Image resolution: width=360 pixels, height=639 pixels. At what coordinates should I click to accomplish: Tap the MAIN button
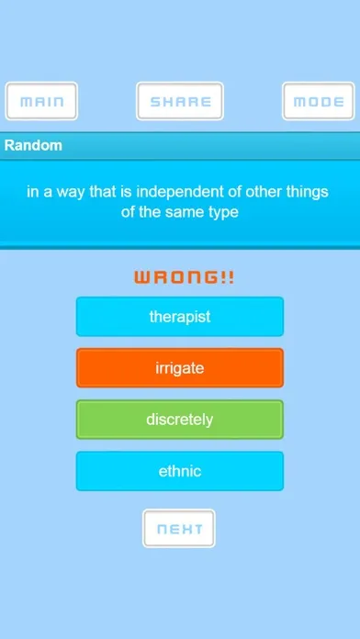click(41, 101)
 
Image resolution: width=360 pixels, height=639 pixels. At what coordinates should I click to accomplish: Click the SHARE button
click(180, 101)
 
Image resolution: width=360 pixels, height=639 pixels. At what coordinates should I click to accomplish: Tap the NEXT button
click(179, 529)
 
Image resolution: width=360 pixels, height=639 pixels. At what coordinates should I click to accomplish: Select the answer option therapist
click(180, 317)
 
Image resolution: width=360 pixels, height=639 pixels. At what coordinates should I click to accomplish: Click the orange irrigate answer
click(180, 368)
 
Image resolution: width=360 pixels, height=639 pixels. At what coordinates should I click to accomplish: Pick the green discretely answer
click(180, 420)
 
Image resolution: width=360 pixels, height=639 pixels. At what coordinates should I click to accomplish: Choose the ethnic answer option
click(180, 471)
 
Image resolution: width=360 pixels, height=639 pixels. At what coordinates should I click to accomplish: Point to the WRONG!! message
click(185, 278)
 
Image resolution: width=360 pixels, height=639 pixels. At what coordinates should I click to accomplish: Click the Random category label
click(33, 145)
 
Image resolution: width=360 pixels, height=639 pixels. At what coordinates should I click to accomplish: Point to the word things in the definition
click(307, 192)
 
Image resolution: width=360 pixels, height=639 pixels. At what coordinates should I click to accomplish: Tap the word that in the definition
click(103, 192)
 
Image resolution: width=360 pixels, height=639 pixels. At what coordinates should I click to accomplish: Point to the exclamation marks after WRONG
click(228, 278)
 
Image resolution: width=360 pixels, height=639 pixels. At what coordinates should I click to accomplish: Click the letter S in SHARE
click(156, 102)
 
